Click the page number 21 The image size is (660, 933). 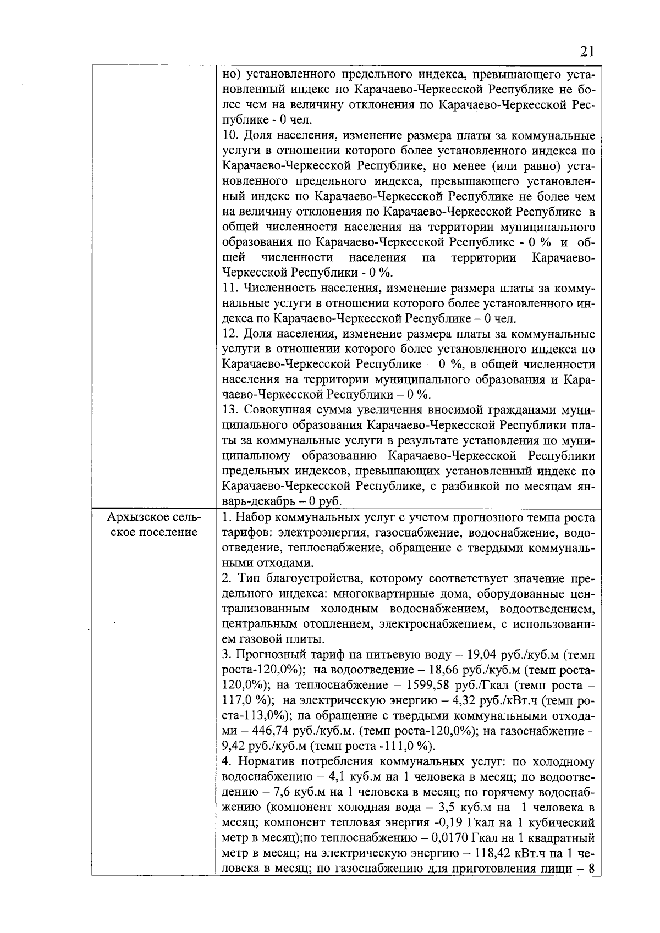click(x=587, y=52)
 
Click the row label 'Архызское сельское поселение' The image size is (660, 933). click(x=154, y=525)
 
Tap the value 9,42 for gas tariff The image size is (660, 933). click(x=233, y=747)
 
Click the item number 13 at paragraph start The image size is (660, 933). click(x=231, y=410)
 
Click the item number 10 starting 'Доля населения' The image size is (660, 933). click(x=231, y=135)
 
